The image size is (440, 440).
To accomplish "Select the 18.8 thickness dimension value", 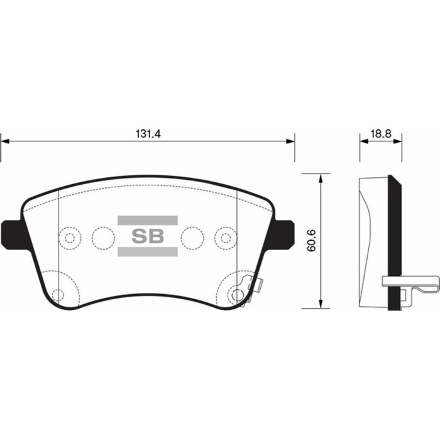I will pos(380,134).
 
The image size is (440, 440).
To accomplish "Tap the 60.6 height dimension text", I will pos(310,241).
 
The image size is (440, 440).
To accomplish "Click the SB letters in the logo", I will pos(147,236).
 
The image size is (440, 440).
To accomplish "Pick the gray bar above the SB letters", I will pos(147,220).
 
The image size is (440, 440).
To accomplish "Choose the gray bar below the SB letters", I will pos(147,253).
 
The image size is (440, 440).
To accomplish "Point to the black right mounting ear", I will pos(285,233).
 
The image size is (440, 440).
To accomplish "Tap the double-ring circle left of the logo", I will pos(70,238).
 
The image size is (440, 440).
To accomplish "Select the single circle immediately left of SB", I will pos(101,237).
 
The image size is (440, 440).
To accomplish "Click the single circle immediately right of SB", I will pos(192,237).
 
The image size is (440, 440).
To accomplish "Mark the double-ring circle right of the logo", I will pos(224,238).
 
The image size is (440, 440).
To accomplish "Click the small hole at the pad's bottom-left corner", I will pos(58,294).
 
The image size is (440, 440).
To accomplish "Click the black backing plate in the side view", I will pos(395,245).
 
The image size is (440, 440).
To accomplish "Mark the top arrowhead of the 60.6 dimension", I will pos(322,179).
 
